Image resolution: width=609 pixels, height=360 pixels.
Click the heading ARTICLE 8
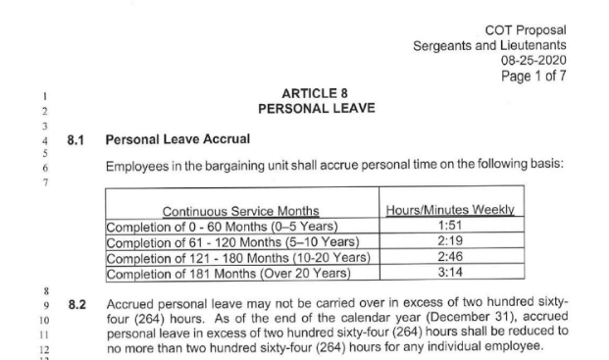pyautogui.click(x=308, y=93)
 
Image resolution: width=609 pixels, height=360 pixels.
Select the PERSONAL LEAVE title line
pyautogui.click(x=308, y=108)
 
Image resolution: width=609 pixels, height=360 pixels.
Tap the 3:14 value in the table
pyautogui.click(x=452, y=272)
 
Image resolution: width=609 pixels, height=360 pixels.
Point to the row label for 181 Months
pyautogui.click(x=227, y=272)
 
